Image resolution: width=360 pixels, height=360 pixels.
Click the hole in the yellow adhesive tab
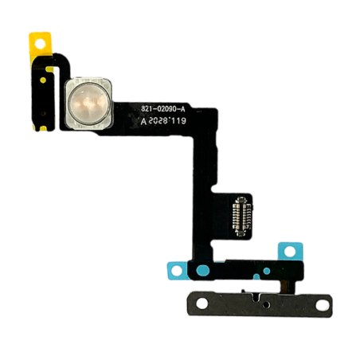tap(40, 44)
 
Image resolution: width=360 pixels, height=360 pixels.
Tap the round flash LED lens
tap(88, 104)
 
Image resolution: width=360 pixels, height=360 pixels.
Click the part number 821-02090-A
tap(163, 109)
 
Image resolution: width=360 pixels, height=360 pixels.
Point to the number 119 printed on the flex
tap(178, 121)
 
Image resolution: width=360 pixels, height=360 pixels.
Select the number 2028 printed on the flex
tap(158, 121)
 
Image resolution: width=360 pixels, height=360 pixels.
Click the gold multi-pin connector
tap(241, 217)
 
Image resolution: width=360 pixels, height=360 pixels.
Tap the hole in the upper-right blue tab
tap(290, 251)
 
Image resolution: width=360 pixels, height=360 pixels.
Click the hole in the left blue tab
tap(177, 271)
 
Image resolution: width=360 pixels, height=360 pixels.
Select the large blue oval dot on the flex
tap(203, 270)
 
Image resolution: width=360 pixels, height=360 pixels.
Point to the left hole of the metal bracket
tap(202, 303)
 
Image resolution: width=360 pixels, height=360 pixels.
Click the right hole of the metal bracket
tap(322, 305)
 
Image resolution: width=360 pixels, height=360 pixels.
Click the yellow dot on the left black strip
tap(43, 80)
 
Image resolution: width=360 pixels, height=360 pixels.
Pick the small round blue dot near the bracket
tap(267, 271)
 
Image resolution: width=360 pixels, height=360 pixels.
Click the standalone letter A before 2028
tap(143, 122)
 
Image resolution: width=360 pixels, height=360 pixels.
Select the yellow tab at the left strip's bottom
tap(43, 129)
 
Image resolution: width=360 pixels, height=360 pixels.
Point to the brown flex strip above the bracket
tap(288, 287)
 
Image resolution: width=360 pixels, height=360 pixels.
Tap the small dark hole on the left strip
tap(43, 114)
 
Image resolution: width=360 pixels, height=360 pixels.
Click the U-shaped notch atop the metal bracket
tap(255, 296)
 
